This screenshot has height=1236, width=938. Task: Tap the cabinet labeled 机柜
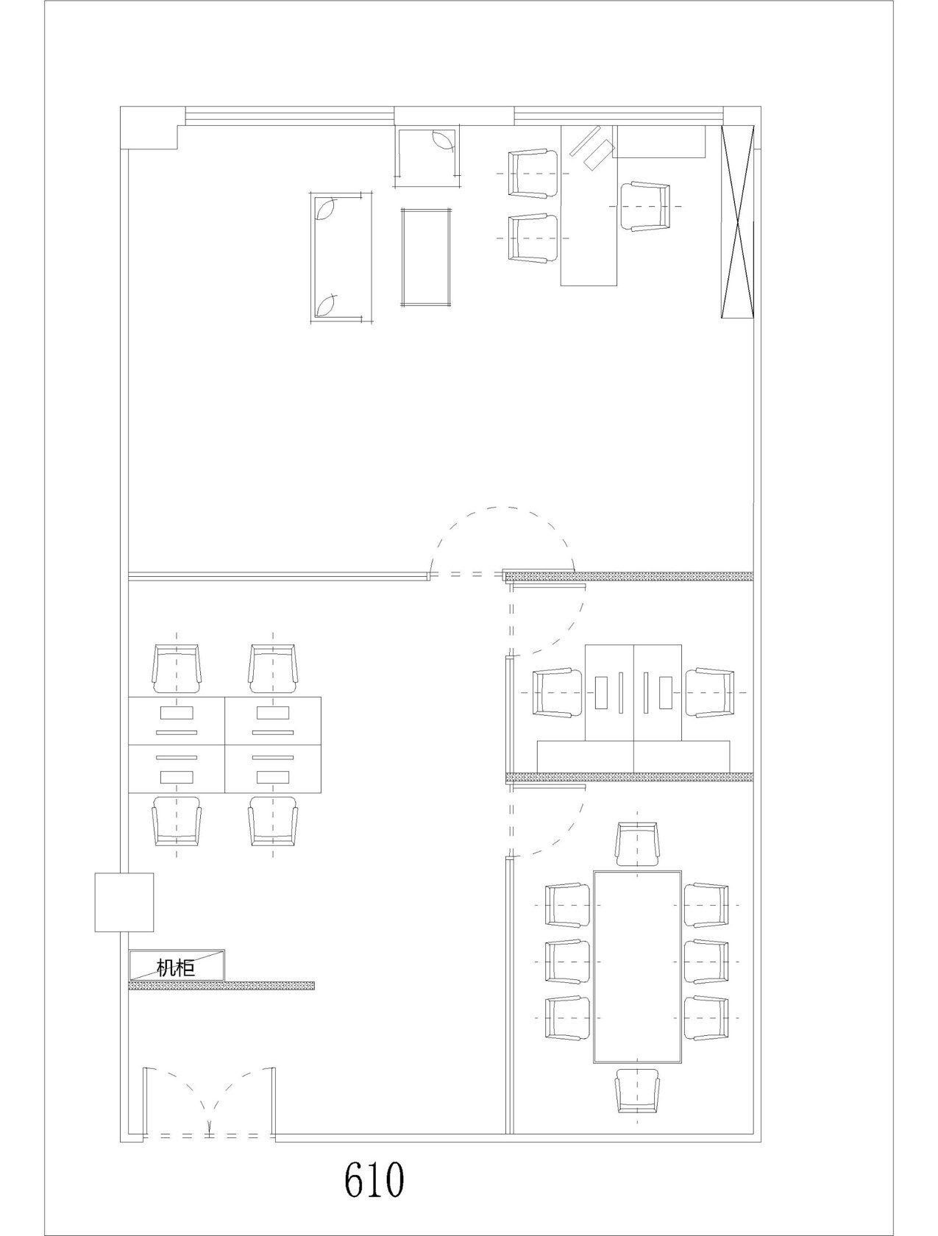coord(177,965)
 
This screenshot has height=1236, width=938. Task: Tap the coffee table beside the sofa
coord(426,257)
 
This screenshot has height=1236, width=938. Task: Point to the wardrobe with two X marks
coord(738,222)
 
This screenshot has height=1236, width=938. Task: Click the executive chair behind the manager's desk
coord(645,206)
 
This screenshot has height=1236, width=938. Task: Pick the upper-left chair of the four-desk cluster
coord(177,669)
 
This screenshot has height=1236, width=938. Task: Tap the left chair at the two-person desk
coord(557,692)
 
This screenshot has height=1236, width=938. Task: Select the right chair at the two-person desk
coord(709,692)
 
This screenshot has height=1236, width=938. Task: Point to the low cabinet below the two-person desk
coord(633,756)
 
